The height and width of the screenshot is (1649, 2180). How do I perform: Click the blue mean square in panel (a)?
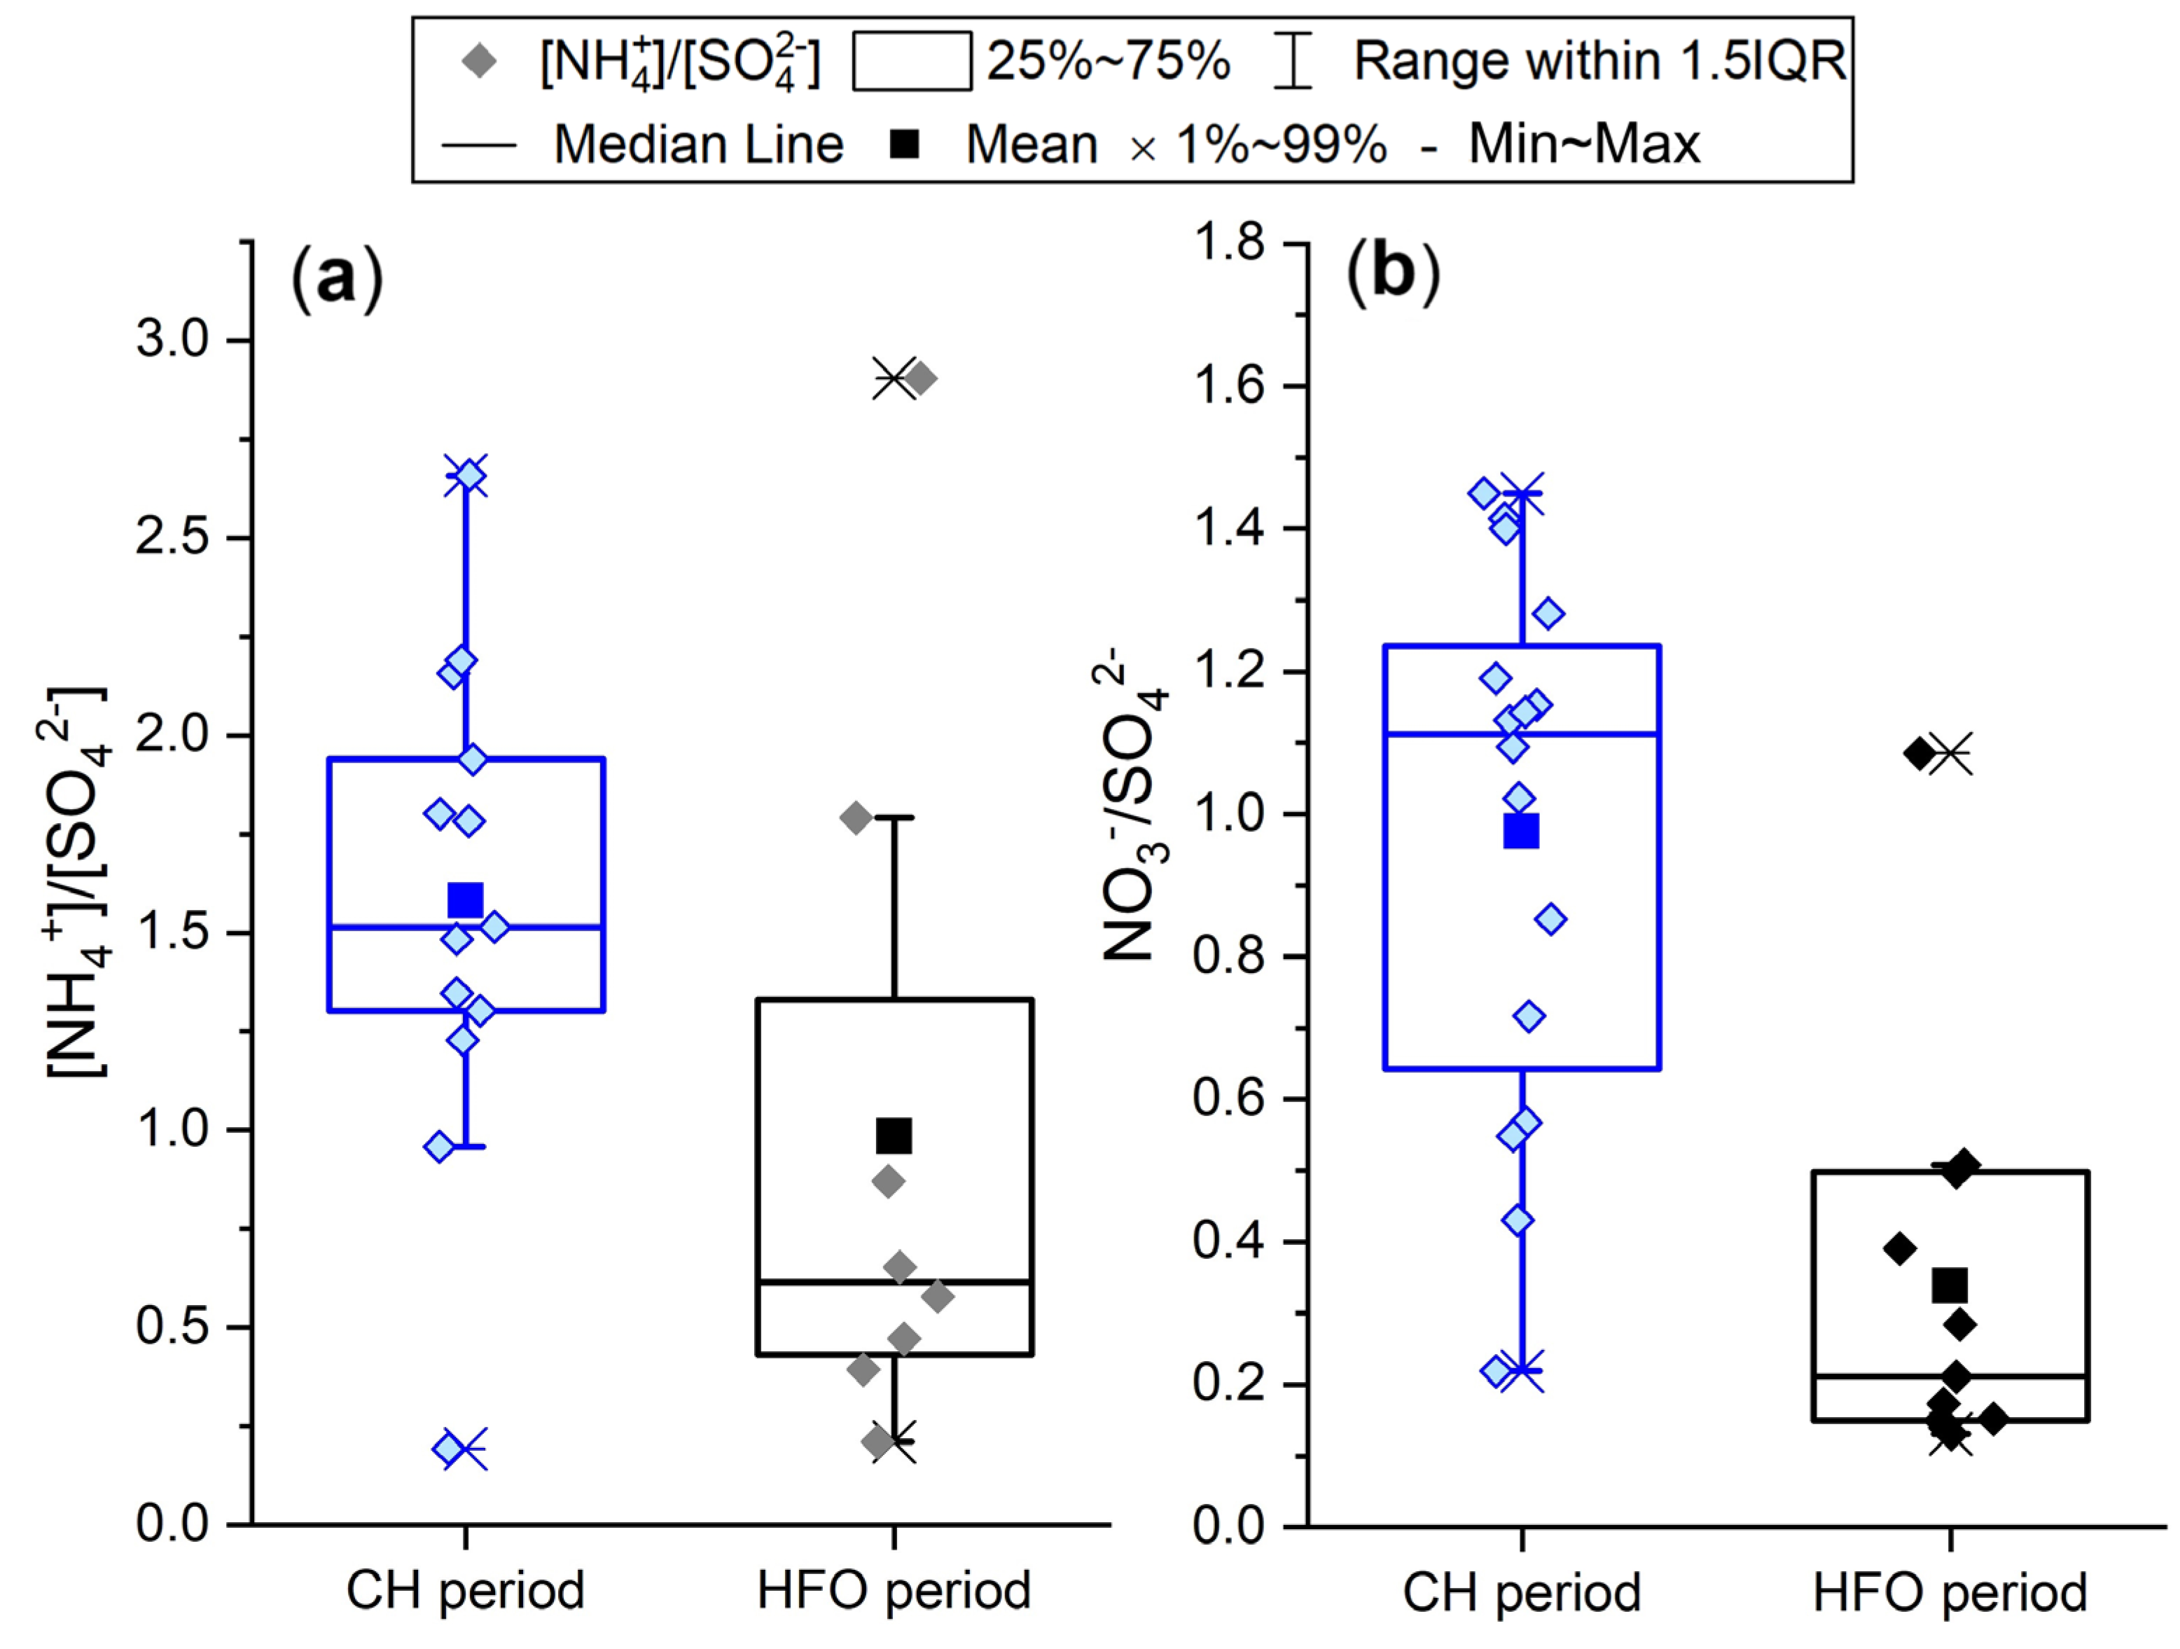coord(465,899)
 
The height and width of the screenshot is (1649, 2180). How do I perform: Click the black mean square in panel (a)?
coord(894,1136)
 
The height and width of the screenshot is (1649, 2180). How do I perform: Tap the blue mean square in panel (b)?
coord(1521,831)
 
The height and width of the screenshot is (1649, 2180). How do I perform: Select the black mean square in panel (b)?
coord(1950,1285)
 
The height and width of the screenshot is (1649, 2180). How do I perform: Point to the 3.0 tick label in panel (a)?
coord(174,340)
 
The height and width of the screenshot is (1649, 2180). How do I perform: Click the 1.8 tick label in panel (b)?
coord(1229,242)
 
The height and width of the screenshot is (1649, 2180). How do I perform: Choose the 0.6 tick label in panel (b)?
coord(1229,1098)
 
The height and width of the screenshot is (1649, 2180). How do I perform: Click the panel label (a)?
coord(336,279)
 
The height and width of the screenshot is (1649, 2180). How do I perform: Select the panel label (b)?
coord(1393,271)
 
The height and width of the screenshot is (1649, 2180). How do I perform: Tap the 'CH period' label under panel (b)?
coord(1521,1592)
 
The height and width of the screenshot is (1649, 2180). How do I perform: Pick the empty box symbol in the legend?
coord(912,61)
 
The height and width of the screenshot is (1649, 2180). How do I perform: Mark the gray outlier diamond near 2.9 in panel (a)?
coord(920,378)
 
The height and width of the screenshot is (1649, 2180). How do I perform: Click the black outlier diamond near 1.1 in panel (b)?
coord(1919,754)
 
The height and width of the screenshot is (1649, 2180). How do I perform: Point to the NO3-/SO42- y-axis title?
coord(1133,803)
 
